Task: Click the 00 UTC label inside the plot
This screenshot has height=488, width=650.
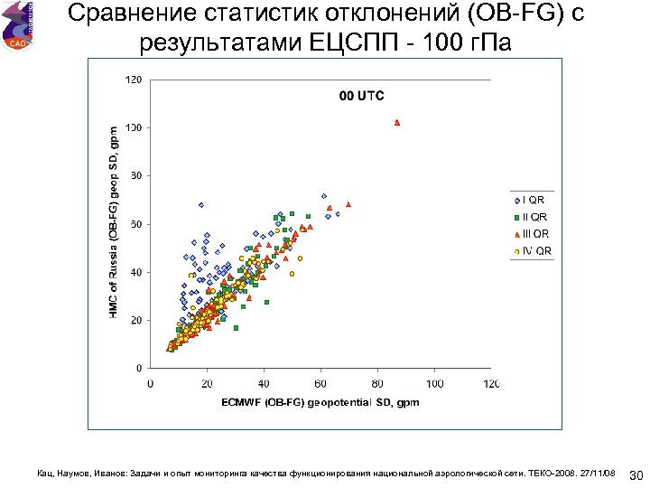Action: pyautogui.click(x=361, y=95)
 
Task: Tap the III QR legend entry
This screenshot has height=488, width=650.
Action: pyautogui.click(x=531, y=233)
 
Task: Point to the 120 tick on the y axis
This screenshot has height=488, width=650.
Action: pyautogui.click(x=133, y=80)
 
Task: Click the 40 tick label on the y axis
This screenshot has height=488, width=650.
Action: pyautogui.click(x=135, y=272)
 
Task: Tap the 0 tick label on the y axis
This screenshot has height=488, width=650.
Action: pyautogui.click(x=138, y=368)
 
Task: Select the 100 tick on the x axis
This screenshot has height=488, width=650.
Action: pyautogui.click(x=434, y=382)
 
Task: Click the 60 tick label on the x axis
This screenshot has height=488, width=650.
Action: pyautogui.click(x=320, y=382)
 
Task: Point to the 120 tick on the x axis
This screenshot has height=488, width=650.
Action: pyautogui.click(x=491, y=382)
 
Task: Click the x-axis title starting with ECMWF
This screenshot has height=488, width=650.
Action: pyautogui.click(x=320, y=401)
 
